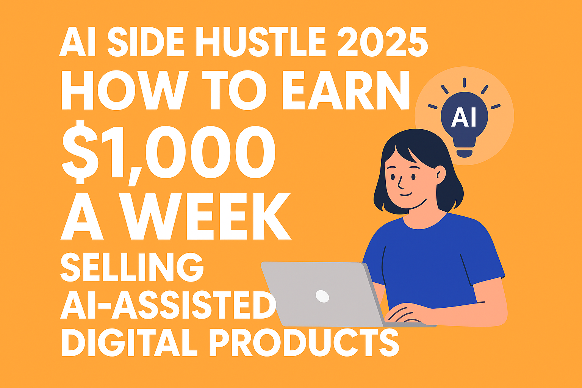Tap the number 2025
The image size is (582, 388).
coord(382,42)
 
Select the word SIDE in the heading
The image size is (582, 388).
coord(145,42)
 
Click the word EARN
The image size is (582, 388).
coord(346,90)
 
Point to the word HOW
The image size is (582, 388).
coord(125,90)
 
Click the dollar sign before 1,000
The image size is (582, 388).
coord(80,152)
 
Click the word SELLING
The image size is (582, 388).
coord(132,267)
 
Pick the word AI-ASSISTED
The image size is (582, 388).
coord(168,305)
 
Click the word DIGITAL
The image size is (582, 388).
coord(129,342)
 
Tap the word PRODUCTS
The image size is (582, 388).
coord(304,342)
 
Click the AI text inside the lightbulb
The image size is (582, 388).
coord(464,117)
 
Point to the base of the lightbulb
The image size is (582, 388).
coord(464,153)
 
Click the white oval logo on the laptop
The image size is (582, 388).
coord(322,296)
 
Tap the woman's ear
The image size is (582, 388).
coord(441,175)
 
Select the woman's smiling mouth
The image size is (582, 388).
coord(405,194)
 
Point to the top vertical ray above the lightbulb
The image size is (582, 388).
coord(464,82)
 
